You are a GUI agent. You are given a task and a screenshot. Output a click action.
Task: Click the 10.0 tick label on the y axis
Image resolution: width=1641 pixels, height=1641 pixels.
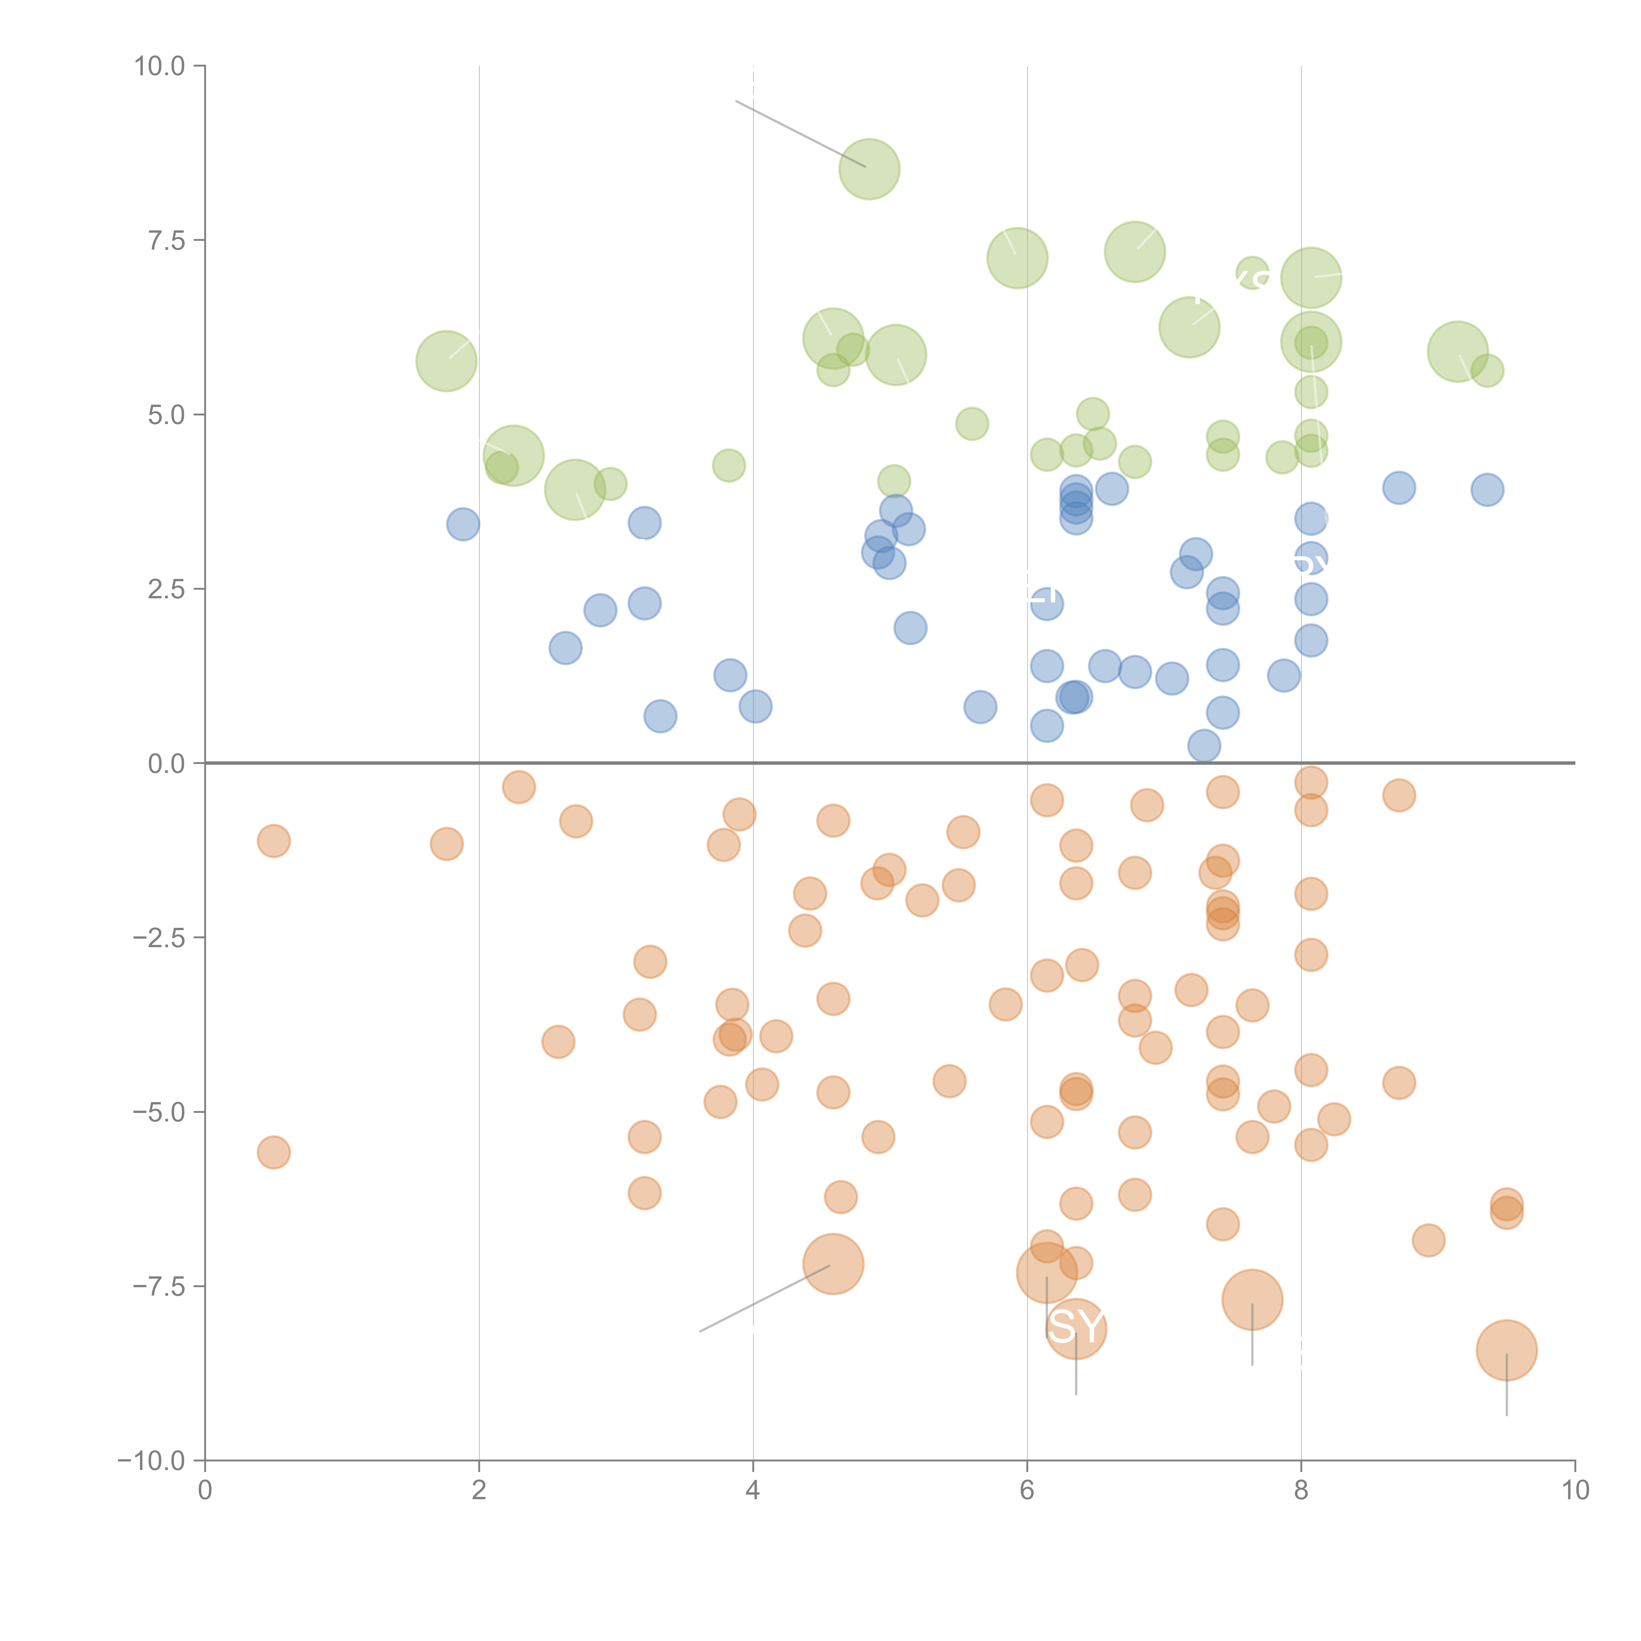160,66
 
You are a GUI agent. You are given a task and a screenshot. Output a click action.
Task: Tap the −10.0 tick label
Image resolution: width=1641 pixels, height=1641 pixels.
151,1461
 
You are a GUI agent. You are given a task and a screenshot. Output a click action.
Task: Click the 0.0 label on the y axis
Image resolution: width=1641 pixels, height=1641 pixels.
166,764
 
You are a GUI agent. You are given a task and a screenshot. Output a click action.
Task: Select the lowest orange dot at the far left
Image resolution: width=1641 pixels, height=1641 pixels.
273,1153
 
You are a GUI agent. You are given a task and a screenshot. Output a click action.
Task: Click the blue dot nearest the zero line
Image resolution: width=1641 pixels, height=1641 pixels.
1204,746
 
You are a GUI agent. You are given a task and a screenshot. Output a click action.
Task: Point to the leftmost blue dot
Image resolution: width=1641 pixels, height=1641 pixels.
463,524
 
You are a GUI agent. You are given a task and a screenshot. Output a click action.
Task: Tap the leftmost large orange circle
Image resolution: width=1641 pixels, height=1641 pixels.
833,1264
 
